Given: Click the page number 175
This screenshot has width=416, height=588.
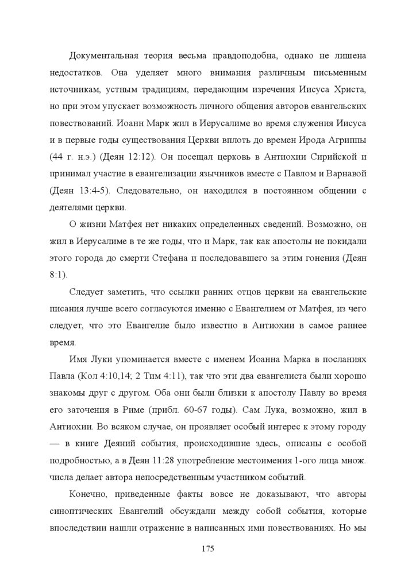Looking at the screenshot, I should (208, 549).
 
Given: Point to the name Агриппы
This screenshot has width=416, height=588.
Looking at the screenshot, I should (345, 140).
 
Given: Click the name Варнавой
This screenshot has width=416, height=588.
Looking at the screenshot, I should (345, 174).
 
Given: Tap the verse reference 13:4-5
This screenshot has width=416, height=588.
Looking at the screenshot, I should (87, 191).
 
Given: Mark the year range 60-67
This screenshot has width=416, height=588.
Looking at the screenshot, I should (241, 411).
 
